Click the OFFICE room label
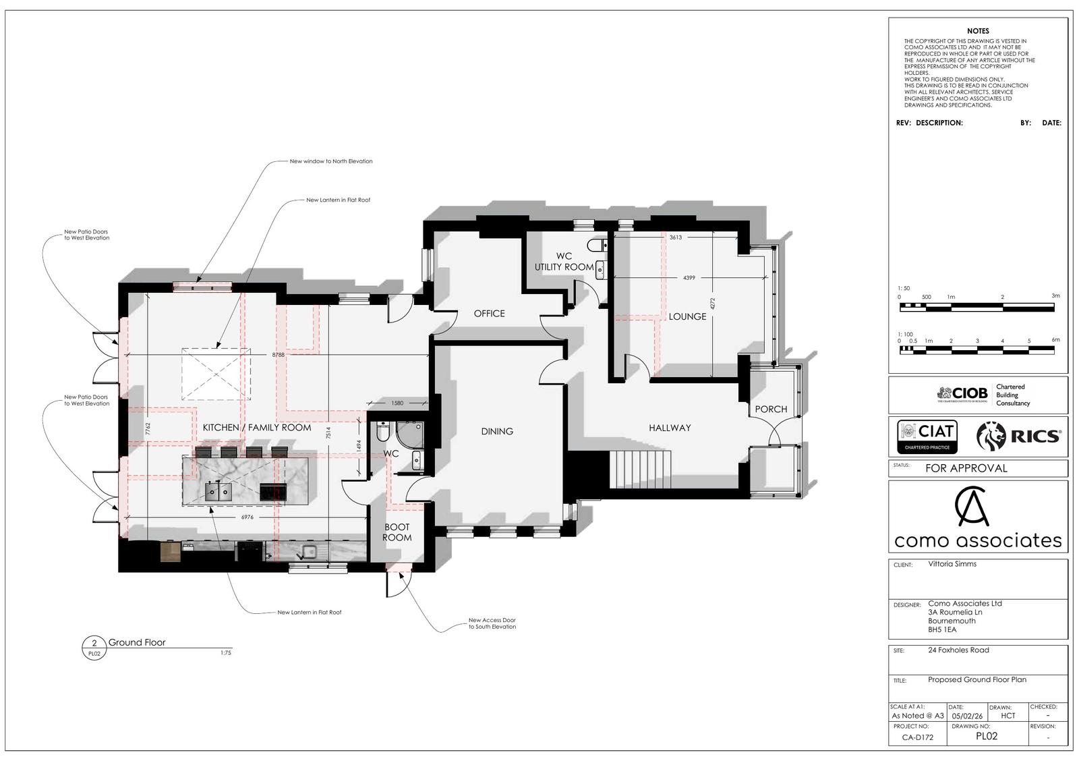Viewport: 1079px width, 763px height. tap(490, 314)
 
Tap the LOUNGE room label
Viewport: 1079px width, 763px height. tap(687, 316)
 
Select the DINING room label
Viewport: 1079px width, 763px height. tap(497, 431)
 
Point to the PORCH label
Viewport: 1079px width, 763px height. tap(771, 409)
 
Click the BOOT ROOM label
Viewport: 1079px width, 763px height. tap(397, 532)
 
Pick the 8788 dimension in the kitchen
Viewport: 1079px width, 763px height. tap(279, 355)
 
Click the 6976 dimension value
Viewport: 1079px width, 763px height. tap(247, 517)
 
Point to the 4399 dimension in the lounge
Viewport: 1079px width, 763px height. tap(689, 278)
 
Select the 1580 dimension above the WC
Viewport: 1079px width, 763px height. tap(397, 403)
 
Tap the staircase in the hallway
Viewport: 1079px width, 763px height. tap(641, 470)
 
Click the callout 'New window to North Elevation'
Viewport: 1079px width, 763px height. tap(331, 161)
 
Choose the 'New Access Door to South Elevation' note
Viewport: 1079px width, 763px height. tap(492, 623)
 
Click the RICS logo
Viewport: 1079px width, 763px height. tap(1018, 436)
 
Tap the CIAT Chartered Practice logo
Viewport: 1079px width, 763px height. tap(927, 436)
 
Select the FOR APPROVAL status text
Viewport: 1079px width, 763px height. tap(966, 468)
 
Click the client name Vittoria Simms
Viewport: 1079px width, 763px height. tap(952, 564)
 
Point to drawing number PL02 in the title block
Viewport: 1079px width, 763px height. tap(987, 736)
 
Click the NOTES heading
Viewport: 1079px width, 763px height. tap(978, 31)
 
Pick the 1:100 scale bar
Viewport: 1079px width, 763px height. tap(977, 350)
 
